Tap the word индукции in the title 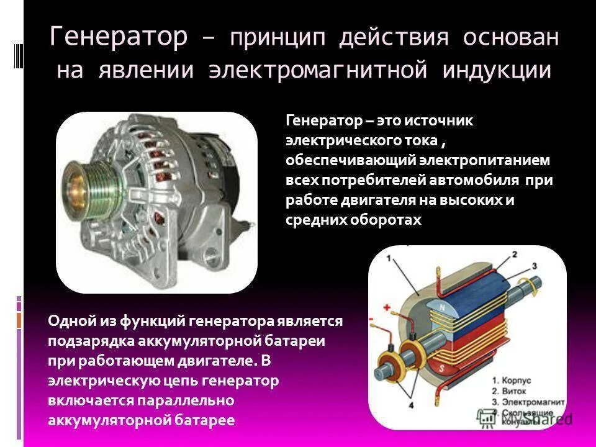pos(497,70)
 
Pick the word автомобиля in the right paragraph pos(477,180)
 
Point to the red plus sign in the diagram pos(386,307)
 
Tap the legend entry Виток pos(510,391)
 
